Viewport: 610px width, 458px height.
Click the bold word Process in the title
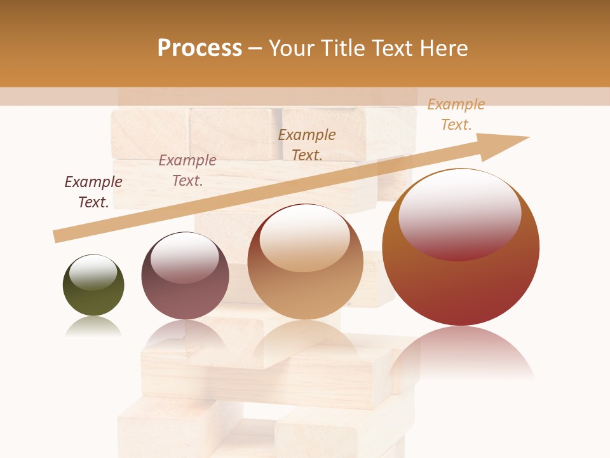200,48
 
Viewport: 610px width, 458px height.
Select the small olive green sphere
93,286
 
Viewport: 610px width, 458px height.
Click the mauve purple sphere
185,276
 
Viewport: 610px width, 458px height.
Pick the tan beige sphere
305,262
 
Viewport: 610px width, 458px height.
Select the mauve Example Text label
187,170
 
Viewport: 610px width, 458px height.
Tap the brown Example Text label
307,145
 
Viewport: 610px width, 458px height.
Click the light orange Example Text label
456,114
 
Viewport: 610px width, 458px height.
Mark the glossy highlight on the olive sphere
93,272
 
